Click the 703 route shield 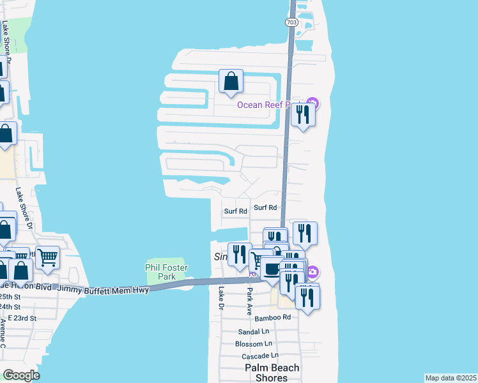click(291, 22)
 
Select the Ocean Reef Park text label click(268, 105)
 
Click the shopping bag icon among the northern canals click(231, 81)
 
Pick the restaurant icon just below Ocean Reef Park click(302, 115)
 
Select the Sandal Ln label click(253, 332)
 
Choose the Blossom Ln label click(254, 344)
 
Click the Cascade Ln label click(258, 356)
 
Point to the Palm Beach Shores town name click(272, 373)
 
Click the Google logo click(21, 375)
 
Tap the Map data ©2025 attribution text click(451, 378)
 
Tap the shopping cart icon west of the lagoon click(47, 257)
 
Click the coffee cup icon click(272, 269)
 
